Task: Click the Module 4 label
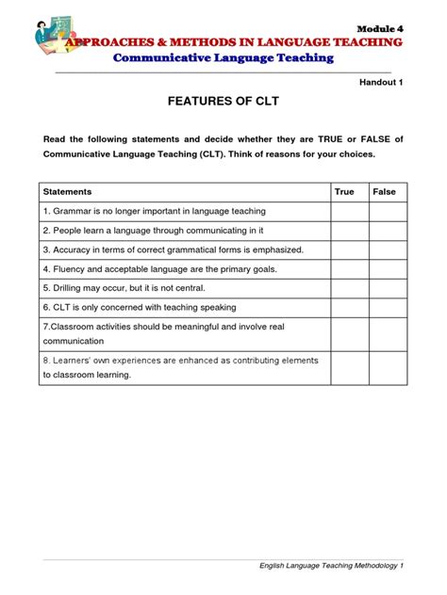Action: [381, 29]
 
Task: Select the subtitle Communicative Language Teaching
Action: [223, 58]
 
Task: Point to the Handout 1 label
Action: [382, 83]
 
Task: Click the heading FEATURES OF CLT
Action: [223, 105]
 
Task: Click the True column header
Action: [344, 192]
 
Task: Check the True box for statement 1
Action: [349, 212]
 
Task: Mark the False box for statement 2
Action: [388, 231]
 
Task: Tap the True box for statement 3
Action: [349, 249]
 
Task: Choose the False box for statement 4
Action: [388, 269]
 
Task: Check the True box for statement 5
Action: [349, 288]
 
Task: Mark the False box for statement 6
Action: [388, 307]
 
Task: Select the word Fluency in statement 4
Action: [71, 269]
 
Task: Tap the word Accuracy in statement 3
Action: [74, 249]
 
